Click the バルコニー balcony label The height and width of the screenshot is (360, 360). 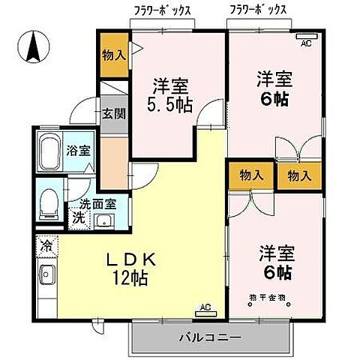209,337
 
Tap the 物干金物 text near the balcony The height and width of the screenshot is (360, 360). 266,298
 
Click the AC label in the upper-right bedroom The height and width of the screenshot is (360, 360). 306,43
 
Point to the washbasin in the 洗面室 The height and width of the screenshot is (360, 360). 103,220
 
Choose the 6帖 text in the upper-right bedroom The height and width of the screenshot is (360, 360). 274,97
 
